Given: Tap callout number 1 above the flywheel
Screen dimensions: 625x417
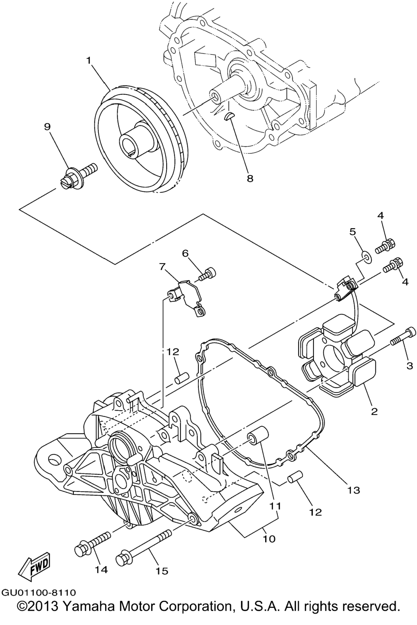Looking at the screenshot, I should [89, 61].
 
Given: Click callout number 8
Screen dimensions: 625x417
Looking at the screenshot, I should [250, 178].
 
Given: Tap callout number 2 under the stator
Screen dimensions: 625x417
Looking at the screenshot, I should [374, 411].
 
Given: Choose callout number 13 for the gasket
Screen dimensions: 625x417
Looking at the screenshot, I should [354, 490].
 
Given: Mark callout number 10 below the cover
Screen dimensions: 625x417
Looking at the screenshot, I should [269, 539].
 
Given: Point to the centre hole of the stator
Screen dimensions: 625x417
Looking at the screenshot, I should [334, 356].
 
